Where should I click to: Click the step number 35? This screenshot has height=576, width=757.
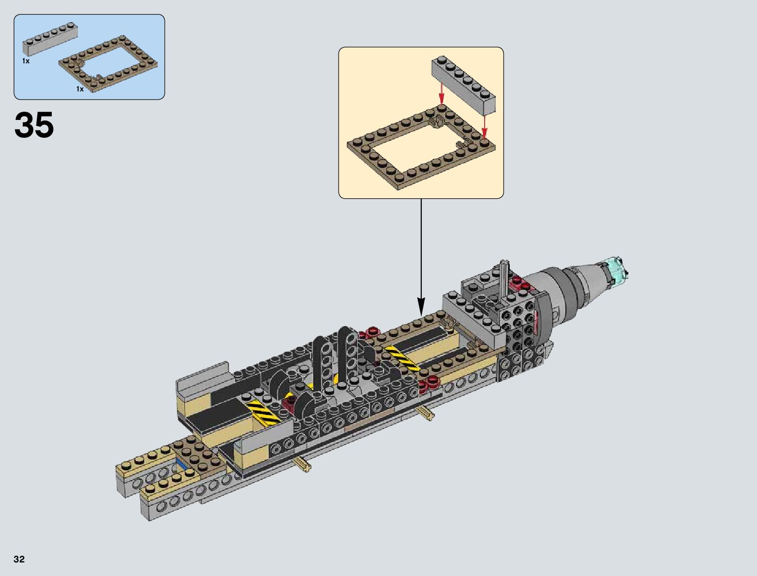click(34, 124)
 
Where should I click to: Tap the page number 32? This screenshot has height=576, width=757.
click(19, 559)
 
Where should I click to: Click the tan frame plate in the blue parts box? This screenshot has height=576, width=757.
click(108, 63)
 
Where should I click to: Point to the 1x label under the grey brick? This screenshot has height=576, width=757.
click(26, 61)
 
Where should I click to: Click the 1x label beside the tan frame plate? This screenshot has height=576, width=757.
click(80, 89)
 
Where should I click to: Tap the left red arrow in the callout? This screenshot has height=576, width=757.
click(442, 94)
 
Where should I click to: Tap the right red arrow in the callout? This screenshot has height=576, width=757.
click(485, 126)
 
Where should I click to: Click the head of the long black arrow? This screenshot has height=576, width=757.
click(421, 306)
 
